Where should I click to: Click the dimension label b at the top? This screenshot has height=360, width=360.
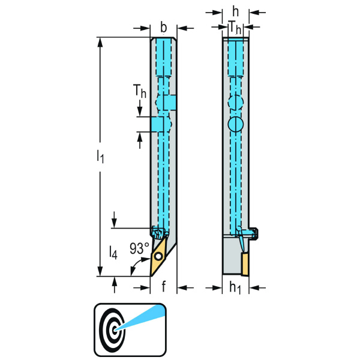tap(163, 28)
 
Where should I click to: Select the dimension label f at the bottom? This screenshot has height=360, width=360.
tap(163, 287)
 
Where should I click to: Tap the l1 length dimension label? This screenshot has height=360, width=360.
tap(100, 157)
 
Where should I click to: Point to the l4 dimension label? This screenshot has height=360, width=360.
tap(113, 253)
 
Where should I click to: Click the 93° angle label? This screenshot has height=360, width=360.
tap(139, 248)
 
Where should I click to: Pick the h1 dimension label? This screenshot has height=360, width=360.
tap(235, 287)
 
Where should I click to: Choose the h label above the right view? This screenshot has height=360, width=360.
tap(236, 11)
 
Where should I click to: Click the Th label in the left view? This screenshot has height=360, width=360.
tap(139, 91)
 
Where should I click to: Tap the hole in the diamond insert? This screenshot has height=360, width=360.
tap(158, 256)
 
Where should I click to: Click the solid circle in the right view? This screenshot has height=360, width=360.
tap(236, 124)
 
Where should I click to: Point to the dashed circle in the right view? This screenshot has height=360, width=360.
tap(236, 102)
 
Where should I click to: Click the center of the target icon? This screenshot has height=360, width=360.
tap(115, 330)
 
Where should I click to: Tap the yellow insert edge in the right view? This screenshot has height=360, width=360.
tap(245, 263)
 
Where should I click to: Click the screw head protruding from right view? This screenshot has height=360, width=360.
tap(254, 233)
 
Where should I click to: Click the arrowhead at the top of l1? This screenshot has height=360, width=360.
tap(100, 43)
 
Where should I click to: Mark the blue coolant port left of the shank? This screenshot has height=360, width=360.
tap(157, 124)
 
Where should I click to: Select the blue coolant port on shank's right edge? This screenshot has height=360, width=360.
tap(170, 103)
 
